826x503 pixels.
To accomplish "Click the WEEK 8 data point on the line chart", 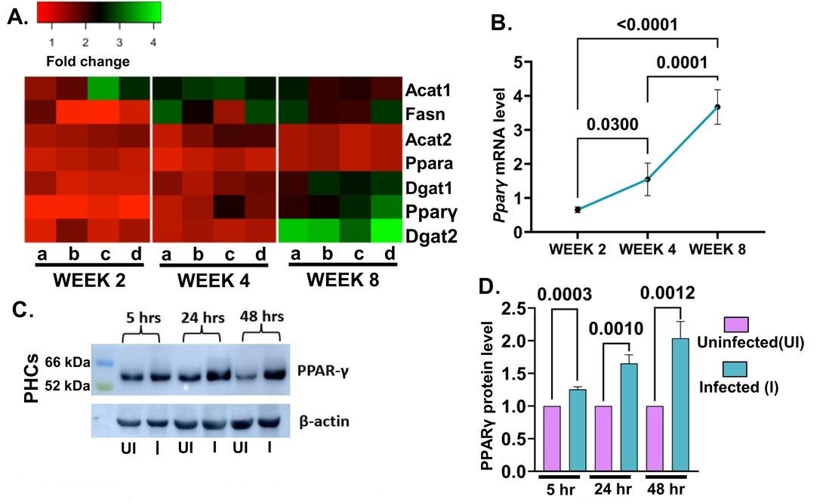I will click(717, 106).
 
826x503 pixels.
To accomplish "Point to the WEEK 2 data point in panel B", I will click(578, 209).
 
